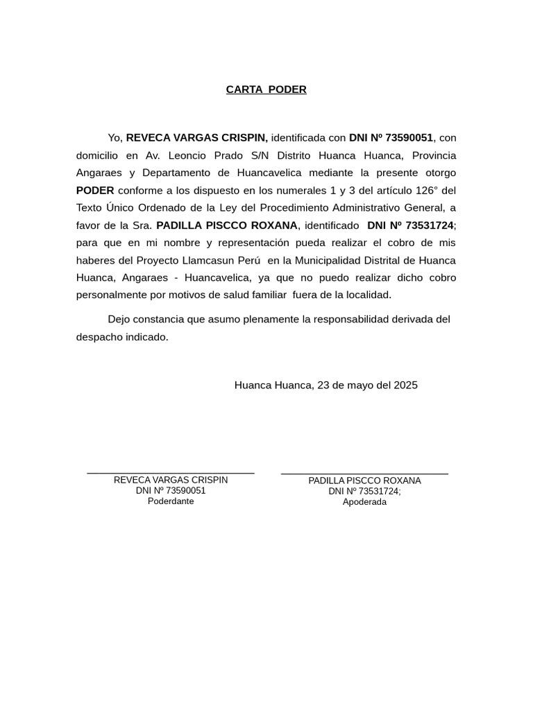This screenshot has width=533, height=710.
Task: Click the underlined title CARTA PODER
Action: tap(266, 89)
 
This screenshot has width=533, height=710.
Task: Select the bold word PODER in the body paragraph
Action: tap(95, 190)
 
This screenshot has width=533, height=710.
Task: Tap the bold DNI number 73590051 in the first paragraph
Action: tap(409, 138)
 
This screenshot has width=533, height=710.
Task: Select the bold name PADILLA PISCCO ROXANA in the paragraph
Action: tap(227, 225)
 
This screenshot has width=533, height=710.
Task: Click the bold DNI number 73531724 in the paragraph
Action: tap(430, 225)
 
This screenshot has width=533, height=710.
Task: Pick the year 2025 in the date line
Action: tap(405, 385)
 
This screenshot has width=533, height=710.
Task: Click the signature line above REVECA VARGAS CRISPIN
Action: tap(171, 473)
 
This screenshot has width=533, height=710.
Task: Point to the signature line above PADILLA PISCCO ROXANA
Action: tap(364, 474)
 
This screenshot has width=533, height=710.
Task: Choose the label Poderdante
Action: tap(171, 501)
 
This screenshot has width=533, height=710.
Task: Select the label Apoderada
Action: tap(364, 502)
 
